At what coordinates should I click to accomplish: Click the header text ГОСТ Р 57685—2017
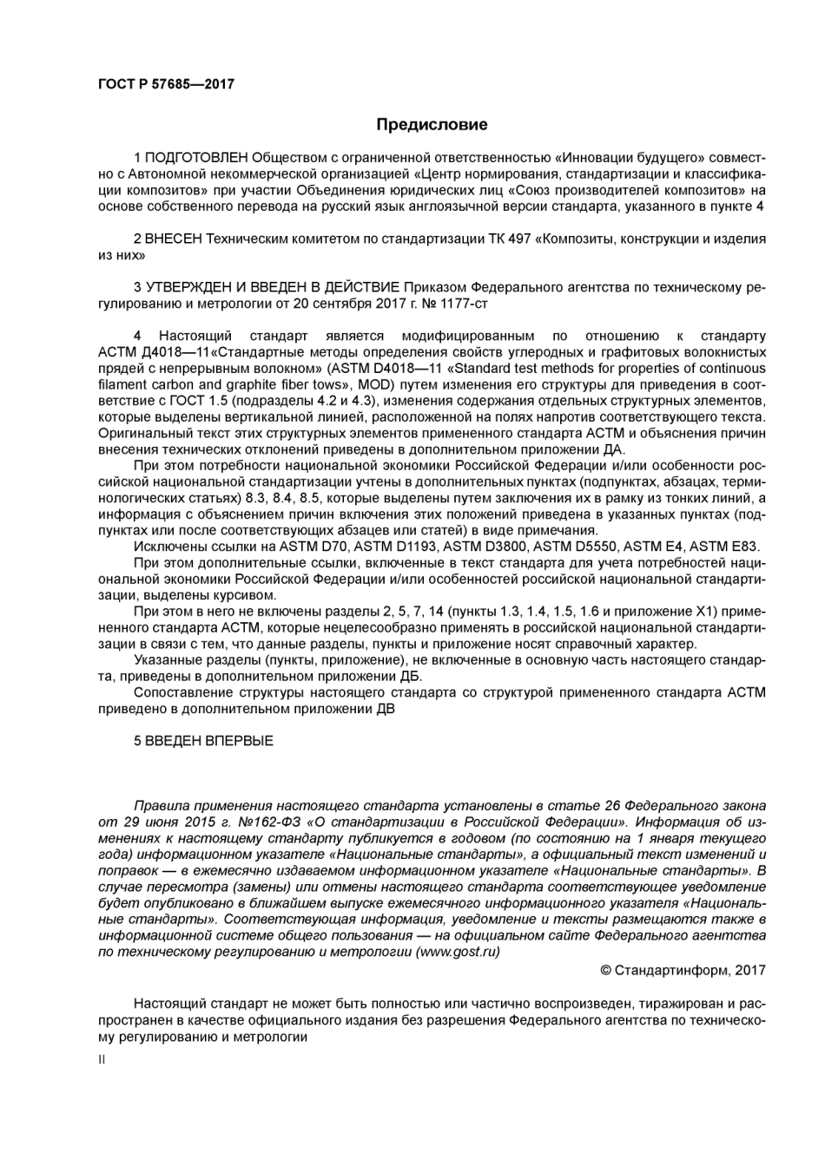(166, 84)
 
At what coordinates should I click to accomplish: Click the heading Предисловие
(432, 124)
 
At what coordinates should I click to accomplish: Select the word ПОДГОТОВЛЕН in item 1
(196, 157)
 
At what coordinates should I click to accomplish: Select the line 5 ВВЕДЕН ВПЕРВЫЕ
(203, 741)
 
